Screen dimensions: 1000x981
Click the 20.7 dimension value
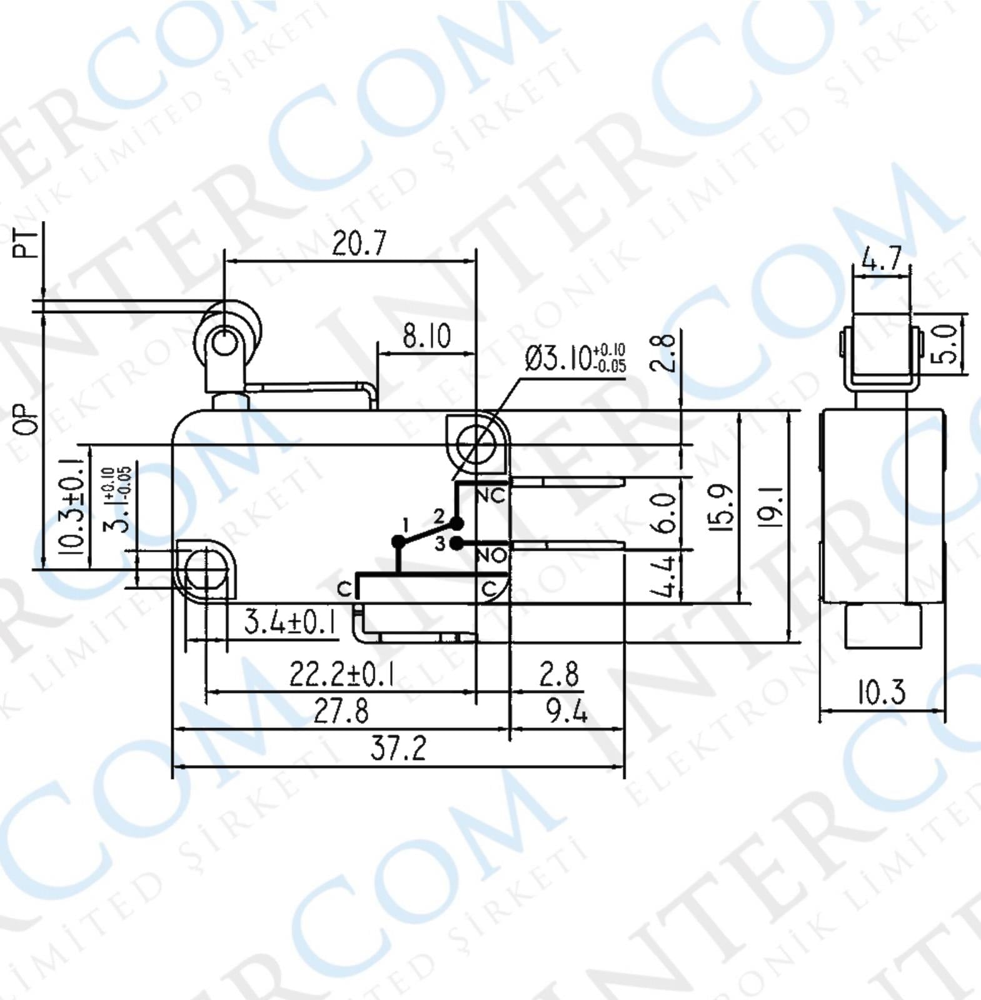359,243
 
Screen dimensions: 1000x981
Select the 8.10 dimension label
426,336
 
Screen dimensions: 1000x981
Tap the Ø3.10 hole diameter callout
575,358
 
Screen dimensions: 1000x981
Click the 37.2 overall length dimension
398,747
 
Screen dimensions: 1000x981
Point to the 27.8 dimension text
341,711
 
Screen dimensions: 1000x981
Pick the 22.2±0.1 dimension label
341,674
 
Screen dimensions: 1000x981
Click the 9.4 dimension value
566,711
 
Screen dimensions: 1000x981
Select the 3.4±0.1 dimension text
289,622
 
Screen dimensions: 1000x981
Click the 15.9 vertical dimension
722,507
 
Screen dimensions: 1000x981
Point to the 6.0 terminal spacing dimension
665,512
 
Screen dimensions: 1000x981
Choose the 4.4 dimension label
665,576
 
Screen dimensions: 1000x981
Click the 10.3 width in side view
881,692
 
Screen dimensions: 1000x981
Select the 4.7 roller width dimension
882,258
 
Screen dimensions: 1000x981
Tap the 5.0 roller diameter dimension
947,344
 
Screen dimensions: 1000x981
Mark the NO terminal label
491,555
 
